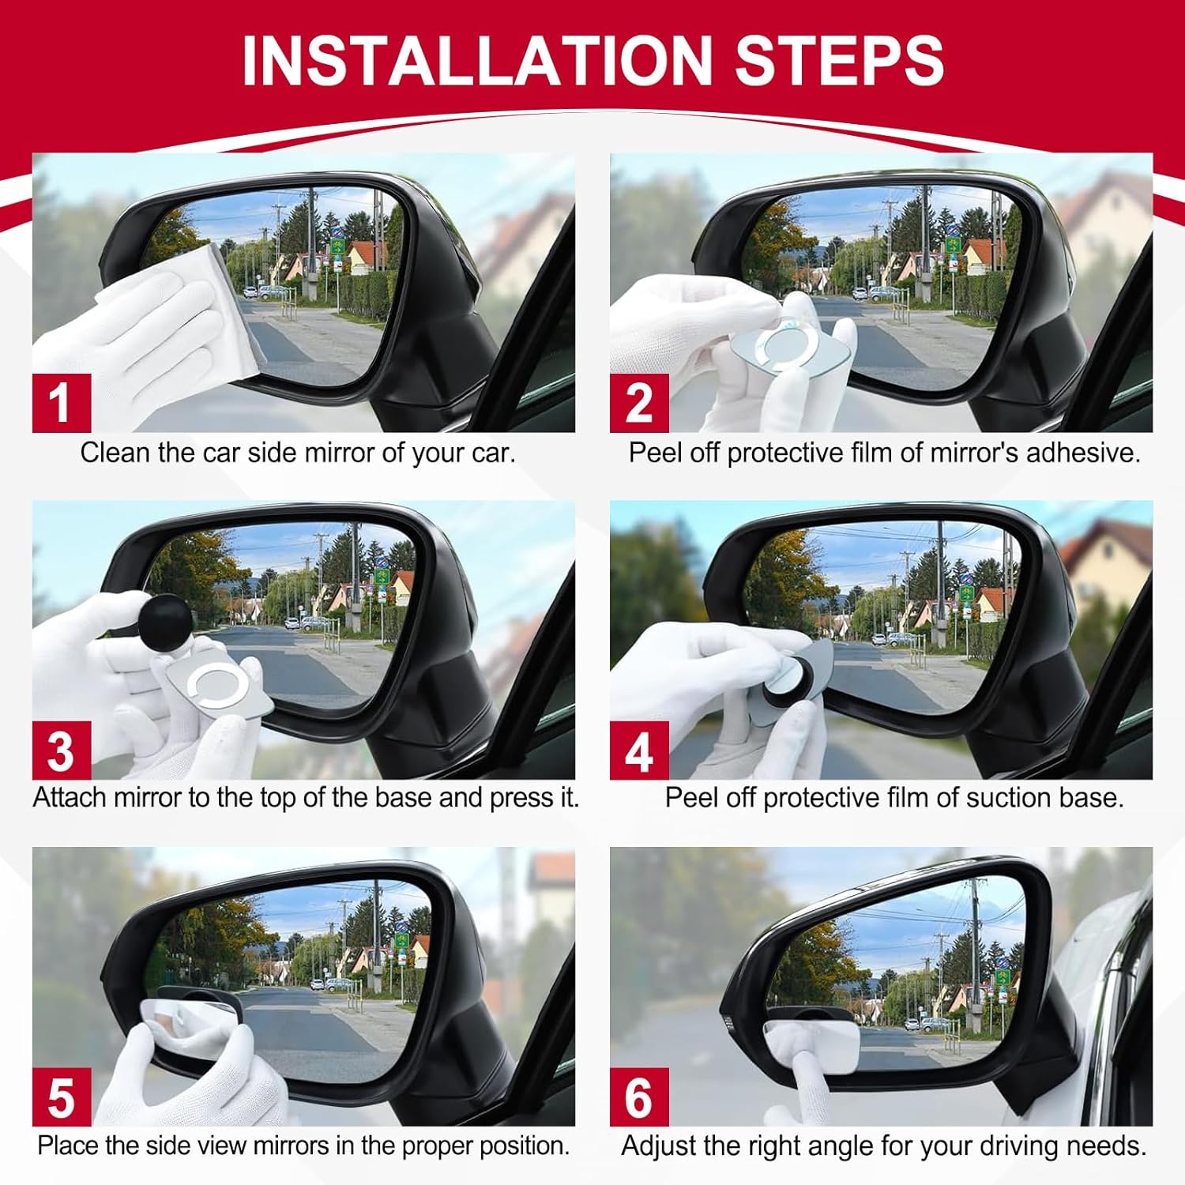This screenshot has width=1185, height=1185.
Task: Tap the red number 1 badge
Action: click(x=62, y=403)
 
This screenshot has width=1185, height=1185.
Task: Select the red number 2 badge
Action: click(x=639, y=403)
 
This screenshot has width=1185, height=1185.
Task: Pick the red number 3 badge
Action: click(x=62, y=750)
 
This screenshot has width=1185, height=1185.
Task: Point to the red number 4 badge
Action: click(x=639, y=750)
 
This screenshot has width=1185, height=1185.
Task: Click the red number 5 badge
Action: click(x=62, y=1097)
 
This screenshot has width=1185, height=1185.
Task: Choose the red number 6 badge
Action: click(x=639, y=1097)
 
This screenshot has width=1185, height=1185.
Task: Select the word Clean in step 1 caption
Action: click(x=115, y=453)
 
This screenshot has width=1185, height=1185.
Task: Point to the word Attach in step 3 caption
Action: click(x=70, y=798)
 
